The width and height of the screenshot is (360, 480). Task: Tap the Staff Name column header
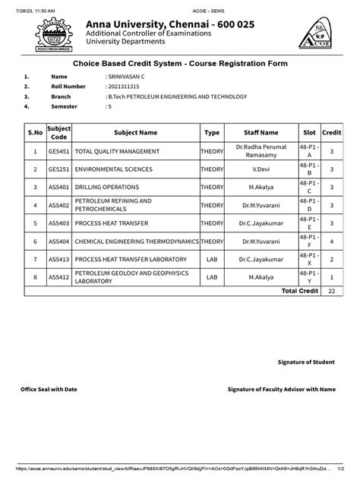coord(261,131)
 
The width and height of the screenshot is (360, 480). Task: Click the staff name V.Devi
coord(261,169)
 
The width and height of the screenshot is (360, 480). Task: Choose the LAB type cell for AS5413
coord(212,259)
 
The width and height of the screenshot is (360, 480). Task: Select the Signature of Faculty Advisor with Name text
coord(281,389)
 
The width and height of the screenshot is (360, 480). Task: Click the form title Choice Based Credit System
coord(179,64)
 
